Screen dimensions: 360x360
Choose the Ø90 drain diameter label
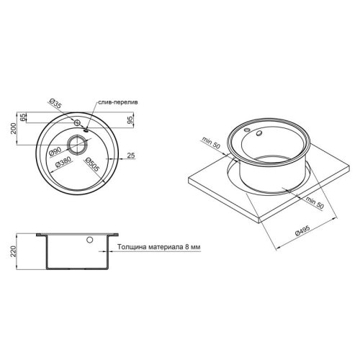click(55, 150)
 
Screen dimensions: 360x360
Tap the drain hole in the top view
click(76, 139)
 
